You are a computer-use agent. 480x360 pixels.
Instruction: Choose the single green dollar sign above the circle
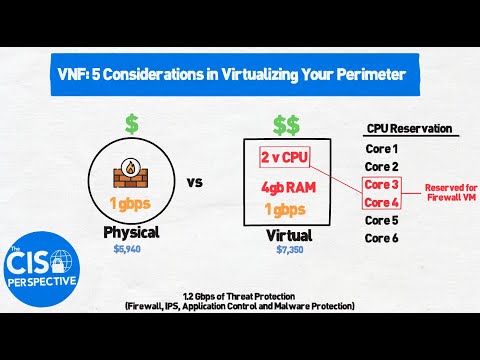[x=131, y=124]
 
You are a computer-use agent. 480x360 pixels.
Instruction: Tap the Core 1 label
[x=381, y=148]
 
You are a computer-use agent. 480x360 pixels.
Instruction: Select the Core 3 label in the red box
[x=381, y=184]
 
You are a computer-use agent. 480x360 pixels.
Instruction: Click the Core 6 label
[x=381, y=238]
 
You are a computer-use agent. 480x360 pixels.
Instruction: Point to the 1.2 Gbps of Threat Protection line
[x=241, y=296]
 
